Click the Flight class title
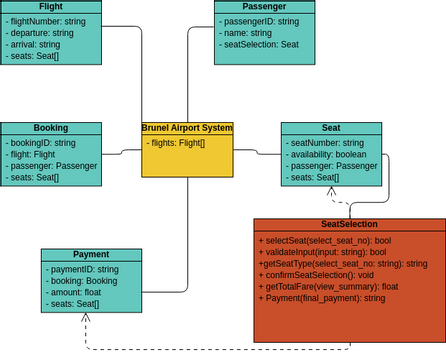50,6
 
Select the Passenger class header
264,6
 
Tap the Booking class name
50,128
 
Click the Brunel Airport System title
187,128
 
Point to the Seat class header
331,128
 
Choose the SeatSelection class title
349,224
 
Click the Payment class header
91,254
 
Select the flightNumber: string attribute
48,20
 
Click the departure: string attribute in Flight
41,31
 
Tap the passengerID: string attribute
262,20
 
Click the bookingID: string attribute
47,143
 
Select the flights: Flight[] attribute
176,143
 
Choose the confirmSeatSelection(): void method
315,274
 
